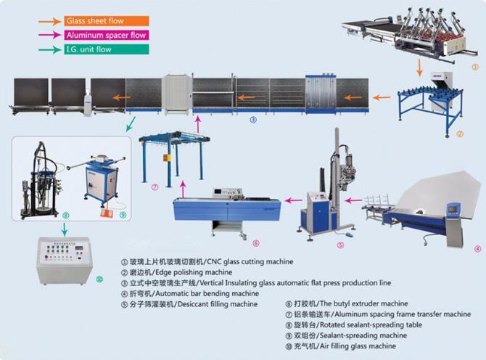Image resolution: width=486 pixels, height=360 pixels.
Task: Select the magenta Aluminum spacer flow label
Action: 106,35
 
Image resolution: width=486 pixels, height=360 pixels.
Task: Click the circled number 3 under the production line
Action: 253,120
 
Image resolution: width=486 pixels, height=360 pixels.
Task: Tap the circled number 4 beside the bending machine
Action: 477,248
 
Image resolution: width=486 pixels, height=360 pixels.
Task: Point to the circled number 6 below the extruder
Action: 255,242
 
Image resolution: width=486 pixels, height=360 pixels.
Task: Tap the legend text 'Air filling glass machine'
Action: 341,345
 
